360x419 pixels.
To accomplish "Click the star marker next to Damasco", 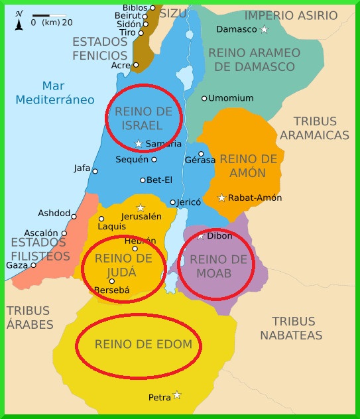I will pyautogui.click(x=264, y=29).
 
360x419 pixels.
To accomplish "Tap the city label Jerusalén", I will pyautogui.click(x=141, y=216).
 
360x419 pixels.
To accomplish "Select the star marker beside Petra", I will pyautogui.click(x=176, y=395).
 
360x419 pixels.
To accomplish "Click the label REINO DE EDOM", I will pyautogui.click(x=143, y=344).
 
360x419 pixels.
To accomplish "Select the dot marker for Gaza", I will pyautogui.click(x=34, y=265).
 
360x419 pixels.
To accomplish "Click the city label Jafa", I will pyautogui.click(x=82, y=168).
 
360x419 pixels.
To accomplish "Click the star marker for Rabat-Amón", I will pyautogui.click(x=221, y=198).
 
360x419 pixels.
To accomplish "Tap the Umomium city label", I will pyautogui.click(x=231, y=98).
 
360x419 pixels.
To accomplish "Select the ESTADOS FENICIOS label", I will pyautogui.click(x=99, y=48).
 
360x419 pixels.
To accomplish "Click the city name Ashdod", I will pyautogui.click(x=53, y=213).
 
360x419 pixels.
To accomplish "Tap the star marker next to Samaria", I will pyautogui.click(x=139, y=144).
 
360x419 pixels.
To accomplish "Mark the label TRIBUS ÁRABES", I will pyautogui.click(x=30, y=317).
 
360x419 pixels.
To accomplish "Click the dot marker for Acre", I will pyautogui.click(x=136, y=65).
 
